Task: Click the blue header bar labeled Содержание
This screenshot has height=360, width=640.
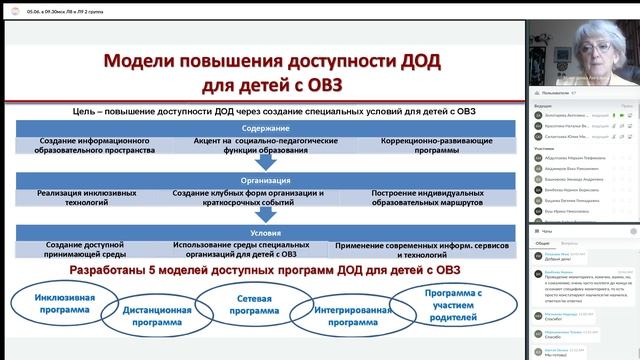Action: (x=266, y=128)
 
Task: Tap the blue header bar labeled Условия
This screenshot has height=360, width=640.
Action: (x=266, y=227)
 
